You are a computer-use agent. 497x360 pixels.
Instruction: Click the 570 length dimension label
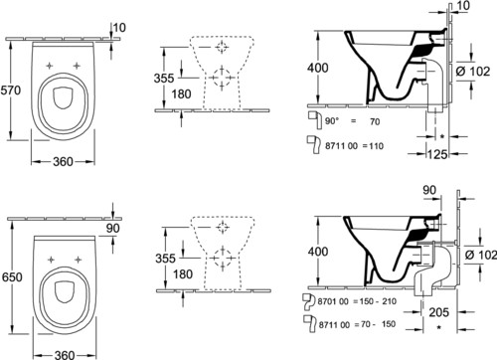(x=11, y=90)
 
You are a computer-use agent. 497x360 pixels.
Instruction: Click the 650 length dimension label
(x=12, y=276)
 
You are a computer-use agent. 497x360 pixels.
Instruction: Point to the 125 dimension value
(x=437, y=154)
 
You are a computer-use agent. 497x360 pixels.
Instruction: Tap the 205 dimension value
(x=439, y=312)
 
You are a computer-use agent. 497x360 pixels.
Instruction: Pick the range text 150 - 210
(x=378, y=301)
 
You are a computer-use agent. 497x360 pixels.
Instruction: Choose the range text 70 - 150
(x=378, y=324)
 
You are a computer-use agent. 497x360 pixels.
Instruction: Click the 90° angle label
(x=332, y=121)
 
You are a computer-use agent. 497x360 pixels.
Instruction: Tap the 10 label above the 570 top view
(x=119, y=28)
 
